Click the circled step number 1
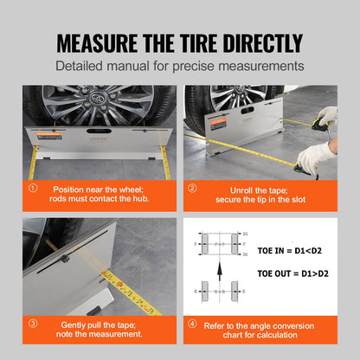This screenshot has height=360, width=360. point(33,188)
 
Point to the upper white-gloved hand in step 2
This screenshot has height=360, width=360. point(327,116)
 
